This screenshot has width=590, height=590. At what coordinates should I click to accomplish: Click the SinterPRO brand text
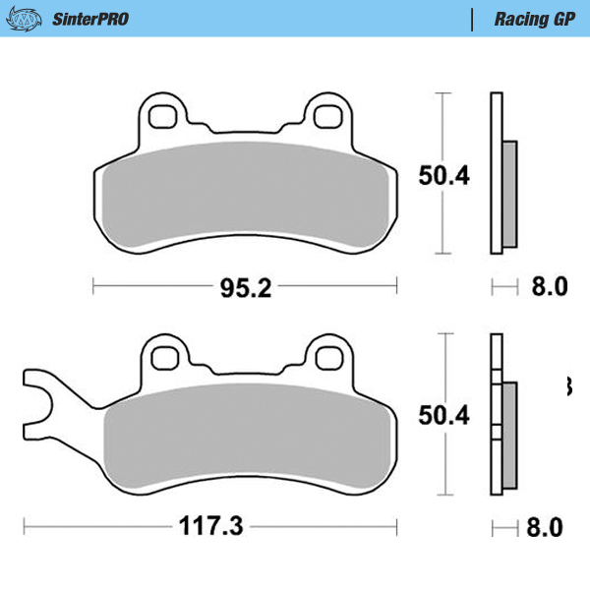pyautogui.click(x=89, y=19)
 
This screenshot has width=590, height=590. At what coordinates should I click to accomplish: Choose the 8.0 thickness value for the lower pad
pyautogui.click(x=549, y=527)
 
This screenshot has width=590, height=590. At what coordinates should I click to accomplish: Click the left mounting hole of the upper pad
pyautogui.click(x=161, y=115)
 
